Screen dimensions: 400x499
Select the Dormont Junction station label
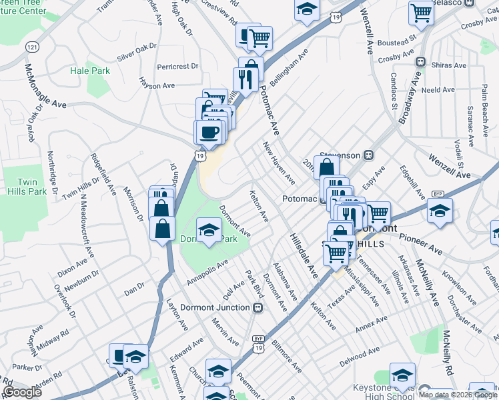(219, 307)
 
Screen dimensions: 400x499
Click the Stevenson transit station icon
(367, 155)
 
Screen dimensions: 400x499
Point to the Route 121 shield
(31, 47)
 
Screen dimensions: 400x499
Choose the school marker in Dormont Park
(209, 231)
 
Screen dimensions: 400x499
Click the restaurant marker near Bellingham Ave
(245, 81)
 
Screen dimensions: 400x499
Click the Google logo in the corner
(22, 392)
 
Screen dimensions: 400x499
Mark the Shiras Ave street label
(451, 65)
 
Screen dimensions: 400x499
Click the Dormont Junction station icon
(258, 307)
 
